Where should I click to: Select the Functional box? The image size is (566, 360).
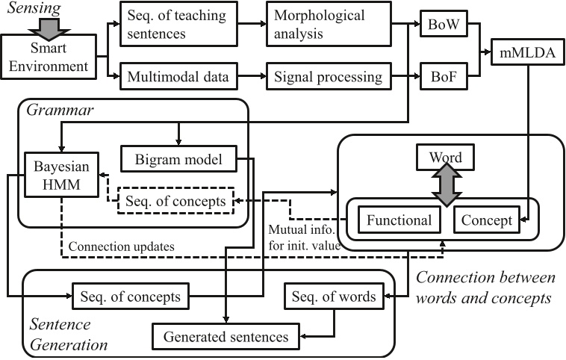click(x=398, y=220)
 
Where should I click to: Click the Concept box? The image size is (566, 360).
click(x=486, y=220)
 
